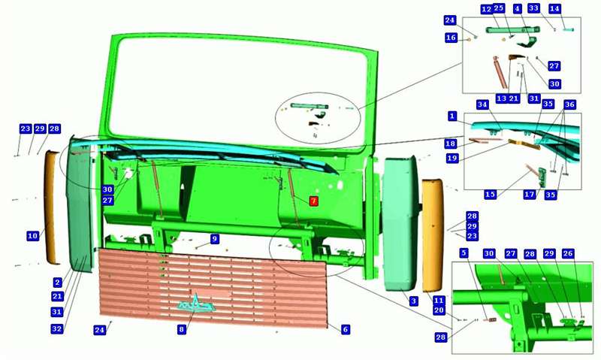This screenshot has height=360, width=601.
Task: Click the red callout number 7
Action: coord(313,201)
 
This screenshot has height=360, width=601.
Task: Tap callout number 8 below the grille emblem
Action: coord(182,329)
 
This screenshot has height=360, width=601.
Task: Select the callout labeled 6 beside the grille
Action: coord(346,329)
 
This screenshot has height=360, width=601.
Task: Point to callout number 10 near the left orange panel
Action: coord(33,235)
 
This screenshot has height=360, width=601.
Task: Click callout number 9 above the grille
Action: coord(215,239)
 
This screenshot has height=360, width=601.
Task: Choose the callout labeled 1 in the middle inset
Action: coord(453,116)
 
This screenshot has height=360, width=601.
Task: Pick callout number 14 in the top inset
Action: coord(554,8)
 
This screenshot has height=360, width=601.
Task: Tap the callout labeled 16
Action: coord(452,37)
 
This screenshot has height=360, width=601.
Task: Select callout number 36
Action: coord(569,104)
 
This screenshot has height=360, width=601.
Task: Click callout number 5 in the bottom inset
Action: coord(464,253)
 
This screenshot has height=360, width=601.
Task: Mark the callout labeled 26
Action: coord(568,253)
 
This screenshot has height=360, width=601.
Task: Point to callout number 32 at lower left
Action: coord(57,328)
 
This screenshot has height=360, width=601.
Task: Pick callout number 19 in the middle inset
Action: coord(452,158)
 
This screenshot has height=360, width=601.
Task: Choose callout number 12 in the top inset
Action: coord(487,9)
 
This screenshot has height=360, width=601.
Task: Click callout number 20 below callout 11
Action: coord(439,310)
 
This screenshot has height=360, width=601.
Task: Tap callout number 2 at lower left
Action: coord(58,283)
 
